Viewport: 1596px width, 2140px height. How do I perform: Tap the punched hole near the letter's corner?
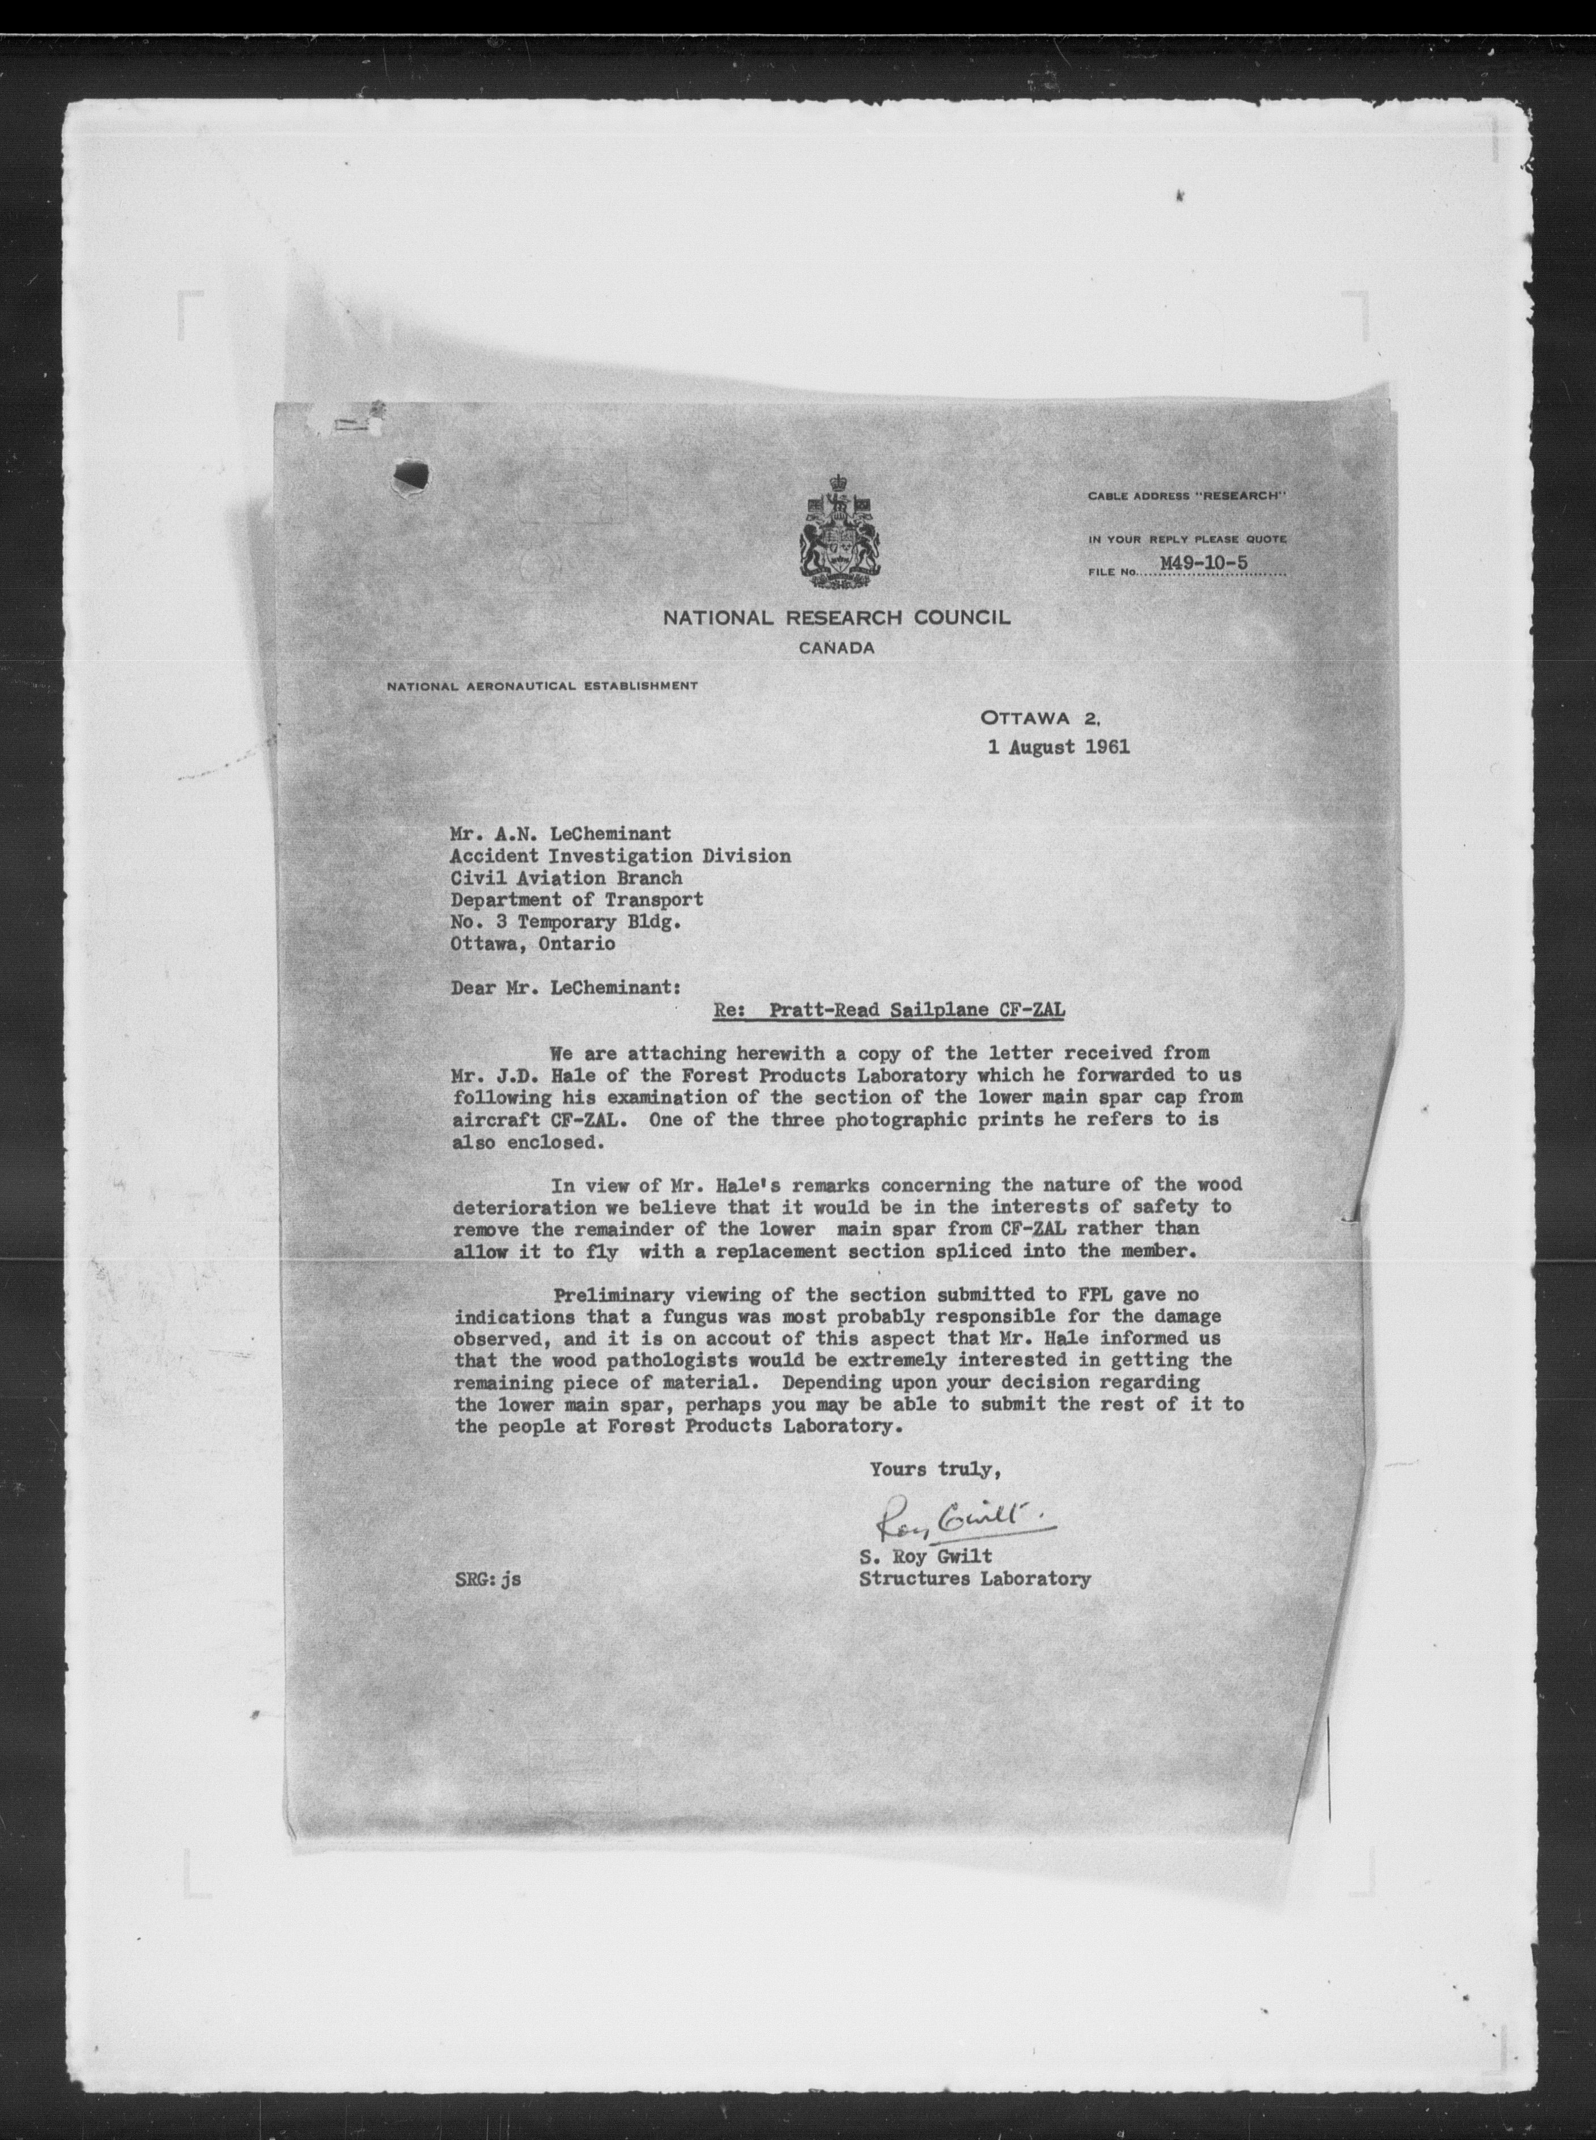pyautogui.click(x=410, y=475)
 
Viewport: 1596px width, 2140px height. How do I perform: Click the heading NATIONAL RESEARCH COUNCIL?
pyautogui.click(x=837, y=617)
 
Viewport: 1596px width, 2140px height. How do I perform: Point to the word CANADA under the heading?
pyautogui.click(x=837, y=648)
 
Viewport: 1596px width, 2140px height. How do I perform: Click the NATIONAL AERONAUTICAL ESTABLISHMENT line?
pyautogui.click(x=541, y=686)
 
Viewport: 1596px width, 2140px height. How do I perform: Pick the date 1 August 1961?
pyautogui.click(x=1059, y=747)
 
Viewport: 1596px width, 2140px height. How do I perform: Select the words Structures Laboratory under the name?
pyautogui.click(x=975, y=1579)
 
